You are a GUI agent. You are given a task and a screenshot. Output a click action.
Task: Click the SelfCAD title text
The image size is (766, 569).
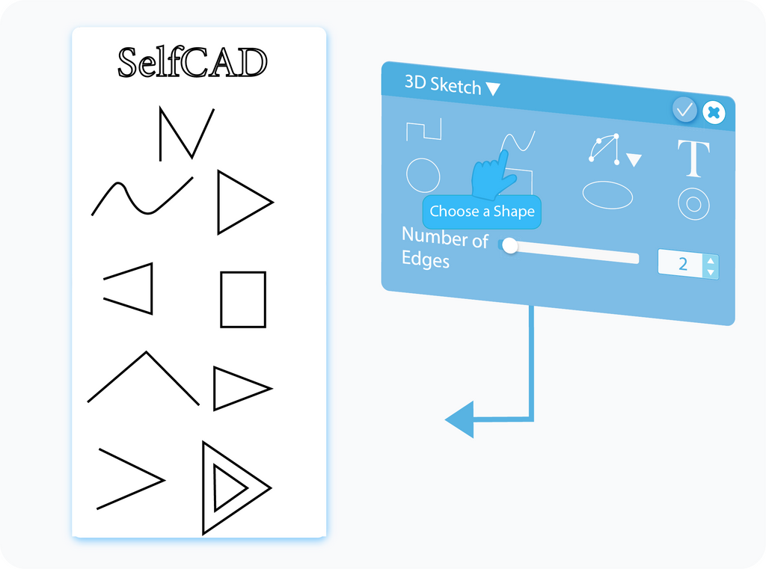(x=192, y=63)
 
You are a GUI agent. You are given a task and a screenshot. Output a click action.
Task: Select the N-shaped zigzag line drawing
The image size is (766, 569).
(x=186, y=133)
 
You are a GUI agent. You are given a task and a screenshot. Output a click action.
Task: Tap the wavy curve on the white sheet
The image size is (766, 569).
(x=142, y=196)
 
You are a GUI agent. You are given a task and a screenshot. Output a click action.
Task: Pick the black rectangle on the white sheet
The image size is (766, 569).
(x=243, y=299)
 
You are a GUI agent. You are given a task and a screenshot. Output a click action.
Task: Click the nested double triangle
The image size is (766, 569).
(x=236, y=488)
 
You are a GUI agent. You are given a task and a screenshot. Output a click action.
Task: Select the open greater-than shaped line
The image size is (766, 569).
(x=131, y=479)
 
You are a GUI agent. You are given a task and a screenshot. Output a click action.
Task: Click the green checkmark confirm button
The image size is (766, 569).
(x=684, y=109)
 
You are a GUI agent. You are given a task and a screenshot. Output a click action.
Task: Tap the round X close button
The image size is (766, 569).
(x=714, y=113)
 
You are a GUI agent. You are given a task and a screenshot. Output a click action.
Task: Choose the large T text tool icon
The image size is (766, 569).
(x=693, y=158)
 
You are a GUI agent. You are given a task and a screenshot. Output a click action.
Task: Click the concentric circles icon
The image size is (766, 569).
(x=693, y=203)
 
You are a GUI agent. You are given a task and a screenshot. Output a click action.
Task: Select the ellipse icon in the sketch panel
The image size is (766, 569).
(x=607, y=195)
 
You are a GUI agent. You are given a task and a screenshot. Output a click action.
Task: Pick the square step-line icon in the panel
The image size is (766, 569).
(x=424, y=129)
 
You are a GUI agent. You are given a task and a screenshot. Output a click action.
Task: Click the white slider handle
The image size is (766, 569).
(x=510, y=245)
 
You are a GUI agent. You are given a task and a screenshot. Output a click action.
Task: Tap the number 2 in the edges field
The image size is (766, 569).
(x=683, y=264)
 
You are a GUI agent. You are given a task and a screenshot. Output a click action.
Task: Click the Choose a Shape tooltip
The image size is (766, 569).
(x=482, y=212)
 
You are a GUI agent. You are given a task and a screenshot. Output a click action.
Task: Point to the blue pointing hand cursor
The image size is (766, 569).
(x=492, y=176)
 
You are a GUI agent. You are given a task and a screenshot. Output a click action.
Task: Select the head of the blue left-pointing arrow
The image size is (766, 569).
(x=460, y=419)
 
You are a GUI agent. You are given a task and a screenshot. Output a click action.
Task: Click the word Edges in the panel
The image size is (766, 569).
(x=426, y=259)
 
